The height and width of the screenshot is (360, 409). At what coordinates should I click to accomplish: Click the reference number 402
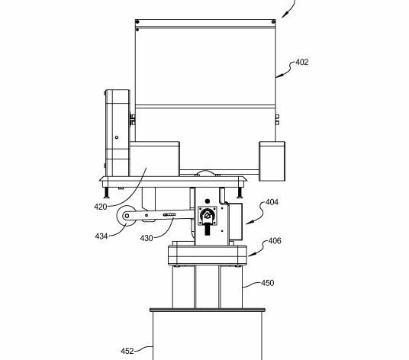point(302,63)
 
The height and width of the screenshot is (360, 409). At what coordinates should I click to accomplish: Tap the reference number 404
point(272,202)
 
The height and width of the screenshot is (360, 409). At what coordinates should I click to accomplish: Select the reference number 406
point(275,241)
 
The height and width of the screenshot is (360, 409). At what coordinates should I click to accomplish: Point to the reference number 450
point(268,283)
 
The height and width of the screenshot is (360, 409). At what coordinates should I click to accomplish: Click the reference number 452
point(127,351)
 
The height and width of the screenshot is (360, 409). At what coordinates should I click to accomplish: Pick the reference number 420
point(101,207)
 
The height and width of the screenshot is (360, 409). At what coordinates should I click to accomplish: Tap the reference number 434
point(101,236)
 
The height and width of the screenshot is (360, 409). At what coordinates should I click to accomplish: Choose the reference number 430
point(147,238)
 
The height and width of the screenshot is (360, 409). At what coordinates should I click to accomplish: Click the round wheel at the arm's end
point(127,216)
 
